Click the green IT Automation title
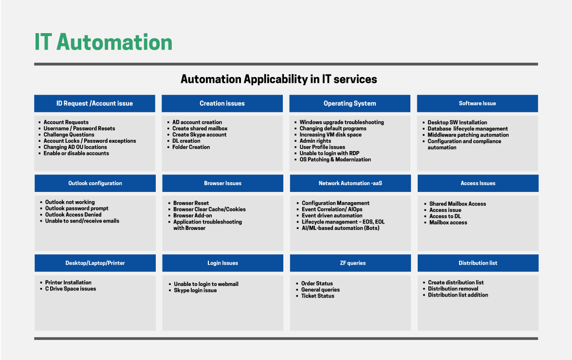pos(103,42)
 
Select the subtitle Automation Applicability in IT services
pos(279,79)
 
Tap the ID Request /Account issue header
pos(94,104)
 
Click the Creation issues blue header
pos(222,104)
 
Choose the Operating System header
pos(350,104)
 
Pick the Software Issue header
pos(478,104)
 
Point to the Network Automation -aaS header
pos(350,183)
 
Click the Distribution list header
pos(478,263)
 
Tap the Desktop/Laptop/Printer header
pos(95,263)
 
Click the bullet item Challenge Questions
pos(69,135)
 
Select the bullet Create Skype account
pos(199,135)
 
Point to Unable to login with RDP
pos(330,153)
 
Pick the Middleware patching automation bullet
pos(468,135)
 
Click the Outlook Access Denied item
pos(74,215)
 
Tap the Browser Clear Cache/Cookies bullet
pos(209,209)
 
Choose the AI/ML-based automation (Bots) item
pos(340,228)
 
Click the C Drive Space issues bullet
pos(71,289)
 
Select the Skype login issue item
pos(195,290)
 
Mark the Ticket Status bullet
pos(318,296)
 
